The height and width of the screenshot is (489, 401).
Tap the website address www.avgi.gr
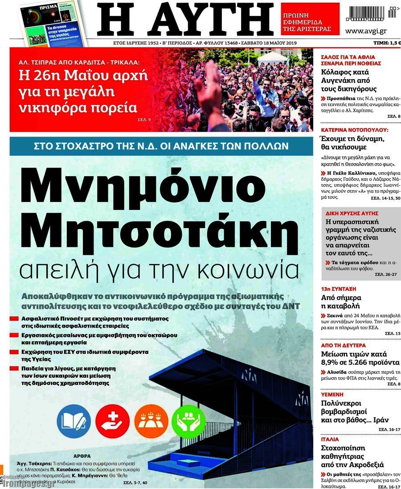[366, 31]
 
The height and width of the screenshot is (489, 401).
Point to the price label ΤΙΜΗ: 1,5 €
[387, 43]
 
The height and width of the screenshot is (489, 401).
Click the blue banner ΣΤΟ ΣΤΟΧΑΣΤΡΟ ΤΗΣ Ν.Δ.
[161, 146]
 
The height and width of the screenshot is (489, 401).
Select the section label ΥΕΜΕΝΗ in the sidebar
[332, 394]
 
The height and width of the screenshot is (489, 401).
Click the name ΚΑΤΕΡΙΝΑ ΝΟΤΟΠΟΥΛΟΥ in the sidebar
[355, 130]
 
